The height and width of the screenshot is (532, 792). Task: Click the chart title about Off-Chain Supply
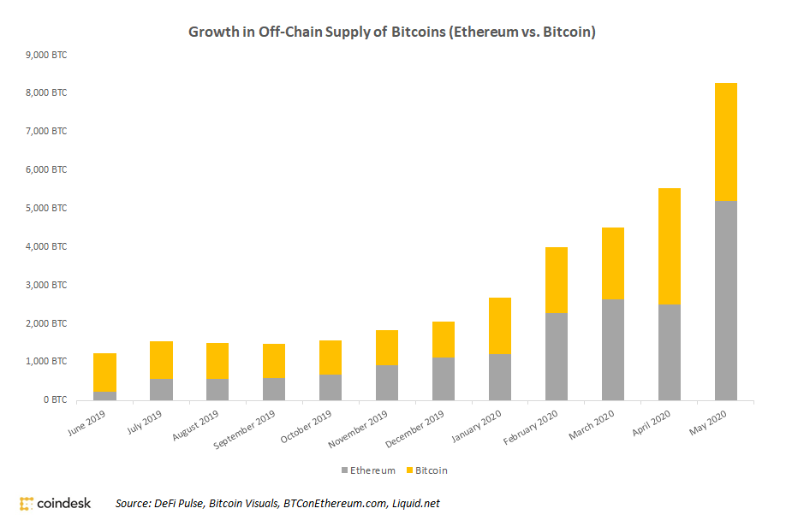[x=392, y=33]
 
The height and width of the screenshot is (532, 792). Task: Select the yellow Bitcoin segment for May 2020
[x=725, y=142]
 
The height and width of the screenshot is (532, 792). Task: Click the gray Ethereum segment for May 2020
[x=725, y=300]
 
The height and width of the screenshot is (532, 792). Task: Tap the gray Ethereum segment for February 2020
[x=556, y=357]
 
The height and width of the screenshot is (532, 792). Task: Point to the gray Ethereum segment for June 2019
[x=104, y=395]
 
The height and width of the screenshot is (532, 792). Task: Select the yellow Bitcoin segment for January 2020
[x=499, y=326]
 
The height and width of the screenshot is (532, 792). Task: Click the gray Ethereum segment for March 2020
[x=612, y=349]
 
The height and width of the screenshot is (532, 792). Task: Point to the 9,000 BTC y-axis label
[x=50, y=55]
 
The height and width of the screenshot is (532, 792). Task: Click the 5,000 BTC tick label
[x=50, y=208]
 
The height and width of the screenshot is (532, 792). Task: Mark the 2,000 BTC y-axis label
[x=50, y=323]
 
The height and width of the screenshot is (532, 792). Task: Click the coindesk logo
[x=55, y=503]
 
